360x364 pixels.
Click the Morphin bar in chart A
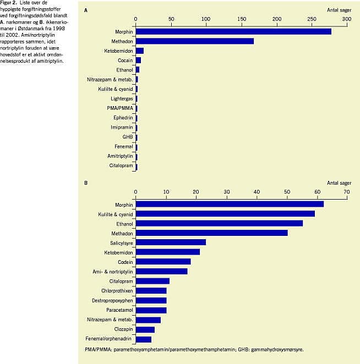click(233, 31)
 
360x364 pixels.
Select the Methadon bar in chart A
click(194, 41)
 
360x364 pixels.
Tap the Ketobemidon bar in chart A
click(139, 51)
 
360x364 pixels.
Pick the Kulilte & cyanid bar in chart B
click(225, 213)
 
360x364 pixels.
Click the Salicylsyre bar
click(171, 242)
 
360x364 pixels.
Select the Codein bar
click(163, 261)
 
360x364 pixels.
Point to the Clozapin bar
click(145, 329)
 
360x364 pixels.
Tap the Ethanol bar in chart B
click(219, 223)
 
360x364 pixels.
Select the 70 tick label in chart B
click(346, 191)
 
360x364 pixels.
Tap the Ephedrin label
click(122, 118)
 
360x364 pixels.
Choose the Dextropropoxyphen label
click(112, 300)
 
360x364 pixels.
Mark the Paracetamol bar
click(151, 310)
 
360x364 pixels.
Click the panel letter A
click(85, 10)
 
